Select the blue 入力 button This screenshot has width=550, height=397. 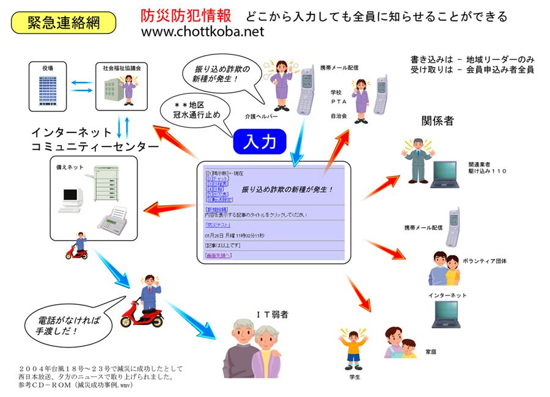260,141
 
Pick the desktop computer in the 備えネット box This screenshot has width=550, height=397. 71,200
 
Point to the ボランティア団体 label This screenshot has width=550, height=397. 485,261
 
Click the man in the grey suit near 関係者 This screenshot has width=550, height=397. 417,159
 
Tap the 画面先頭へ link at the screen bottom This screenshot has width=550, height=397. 218,255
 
